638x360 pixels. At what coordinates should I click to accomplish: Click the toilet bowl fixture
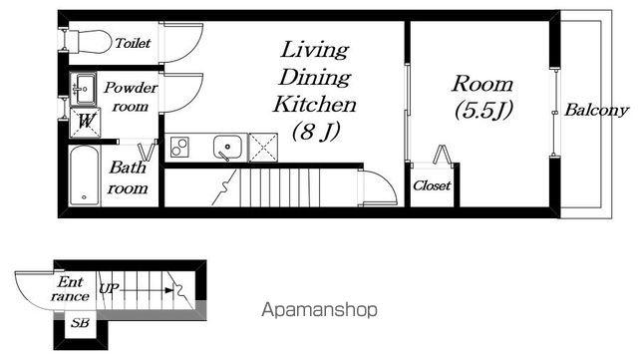pyautogui.click(x=89, y=41)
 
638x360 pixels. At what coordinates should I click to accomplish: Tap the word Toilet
pyautogui.click(x=133, y=43)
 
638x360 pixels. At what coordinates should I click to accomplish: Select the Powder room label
pyautogui.click(x=131, y=97)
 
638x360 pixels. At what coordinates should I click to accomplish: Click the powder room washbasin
pyautogui.click(x=83, y=89)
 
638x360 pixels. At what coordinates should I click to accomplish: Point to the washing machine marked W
pyautogui.click(x=85, y=122)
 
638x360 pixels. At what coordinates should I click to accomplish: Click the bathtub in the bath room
pyautogui.click(x=84, y=176)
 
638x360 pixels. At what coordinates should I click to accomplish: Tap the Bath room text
pyautogui.click(x=128, y=178)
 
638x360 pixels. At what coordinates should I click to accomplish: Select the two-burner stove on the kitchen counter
pyautogui.click(x=179, y=147)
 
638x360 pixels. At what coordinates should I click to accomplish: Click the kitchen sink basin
pyautogui.click(x=227, y=148)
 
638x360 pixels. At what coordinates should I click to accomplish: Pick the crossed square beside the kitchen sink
pyautogui.click(x=263, y=148)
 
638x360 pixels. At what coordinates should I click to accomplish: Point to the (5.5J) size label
pyautogui.click(x=482, y=110)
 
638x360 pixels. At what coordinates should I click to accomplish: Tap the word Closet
pyautogui.click(x=432, y=185)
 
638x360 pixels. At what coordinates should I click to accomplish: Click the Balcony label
pyautogui.click(x=596, y=110)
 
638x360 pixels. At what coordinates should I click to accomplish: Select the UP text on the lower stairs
pyautogui.click(x=109, y=288)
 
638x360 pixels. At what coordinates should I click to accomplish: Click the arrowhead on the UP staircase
pyautogui.click(x=168, y=290)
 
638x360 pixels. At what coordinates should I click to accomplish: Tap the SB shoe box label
pyautogui.click(x=80, y=323)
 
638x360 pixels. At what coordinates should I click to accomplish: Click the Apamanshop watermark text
pyautogui.click(x=319, y=310)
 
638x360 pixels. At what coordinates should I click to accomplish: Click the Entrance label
pyautogui.click(x=70, y=289)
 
